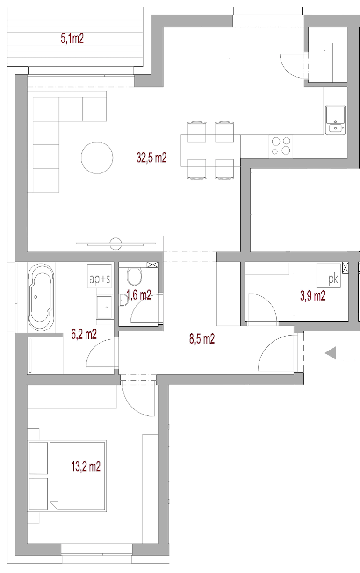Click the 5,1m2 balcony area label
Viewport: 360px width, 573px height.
click(x=72, y=39)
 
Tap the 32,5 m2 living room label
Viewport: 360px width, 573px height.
click(x=151, y=158)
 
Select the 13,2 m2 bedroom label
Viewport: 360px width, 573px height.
click(x=86, y=466)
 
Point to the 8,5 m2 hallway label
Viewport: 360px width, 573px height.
click(x=202, y=339)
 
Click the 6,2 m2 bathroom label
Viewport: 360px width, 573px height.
click(x=84, y=334)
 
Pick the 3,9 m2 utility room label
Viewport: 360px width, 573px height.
click(x=313, y=296)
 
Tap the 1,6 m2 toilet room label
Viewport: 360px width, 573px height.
click(x=139, y=295)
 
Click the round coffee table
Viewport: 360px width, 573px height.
click(x=97, y=158)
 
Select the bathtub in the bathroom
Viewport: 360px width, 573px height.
click(x=41, y=297)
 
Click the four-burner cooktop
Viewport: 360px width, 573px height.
click(x=281, y=146)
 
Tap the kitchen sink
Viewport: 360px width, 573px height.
click(x=335, y=120)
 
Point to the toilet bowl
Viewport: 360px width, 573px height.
click(x=134, y=276)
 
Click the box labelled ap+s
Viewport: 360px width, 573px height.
click(x=100, y=276)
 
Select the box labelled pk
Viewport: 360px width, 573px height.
click(x=329, y=276)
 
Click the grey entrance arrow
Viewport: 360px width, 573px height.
click(x=331, y=353)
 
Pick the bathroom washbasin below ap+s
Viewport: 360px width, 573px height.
click(x=104, y=307)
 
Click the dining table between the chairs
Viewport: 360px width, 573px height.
click(x=210, y=150)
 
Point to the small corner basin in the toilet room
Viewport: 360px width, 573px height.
click(x=123, y=300)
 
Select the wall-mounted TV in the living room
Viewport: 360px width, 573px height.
click(x=115, y=244)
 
